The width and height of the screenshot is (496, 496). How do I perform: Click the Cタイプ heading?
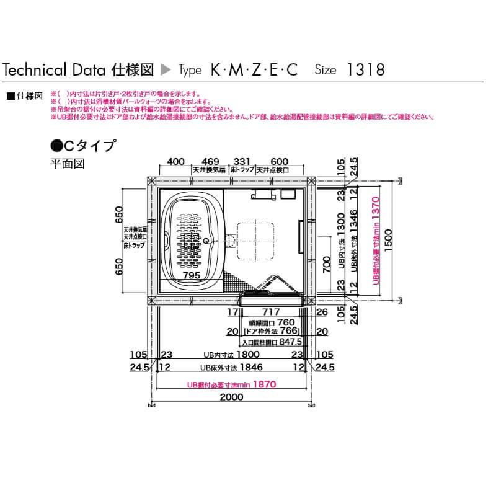[x=83, y=146]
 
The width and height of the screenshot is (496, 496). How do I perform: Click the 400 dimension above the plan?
[x=176, y=162]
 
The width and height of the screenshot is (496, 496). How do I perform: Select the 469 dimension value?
[x=211, y=162]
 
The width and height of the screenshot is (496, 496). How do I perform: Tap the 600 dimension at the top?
[x=280, y=162]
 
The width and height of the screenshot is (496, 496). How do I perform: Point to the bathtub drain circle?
[x=207, y=239]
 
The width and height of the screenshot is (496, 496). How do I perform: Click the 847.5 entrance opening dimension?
[x=290, y=341]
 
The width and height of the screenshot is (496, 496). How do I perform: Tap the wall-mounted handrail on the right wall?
[x=301, y=237]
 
